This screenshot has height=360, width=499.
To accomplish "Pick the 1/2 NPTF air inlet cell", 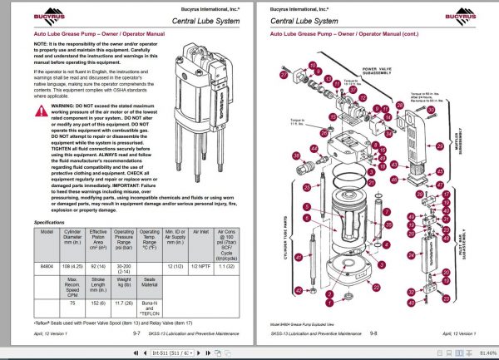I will [x=201, y=264].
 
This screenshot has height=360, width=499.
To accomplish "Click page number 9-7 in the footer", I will [x=136, y=333].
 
